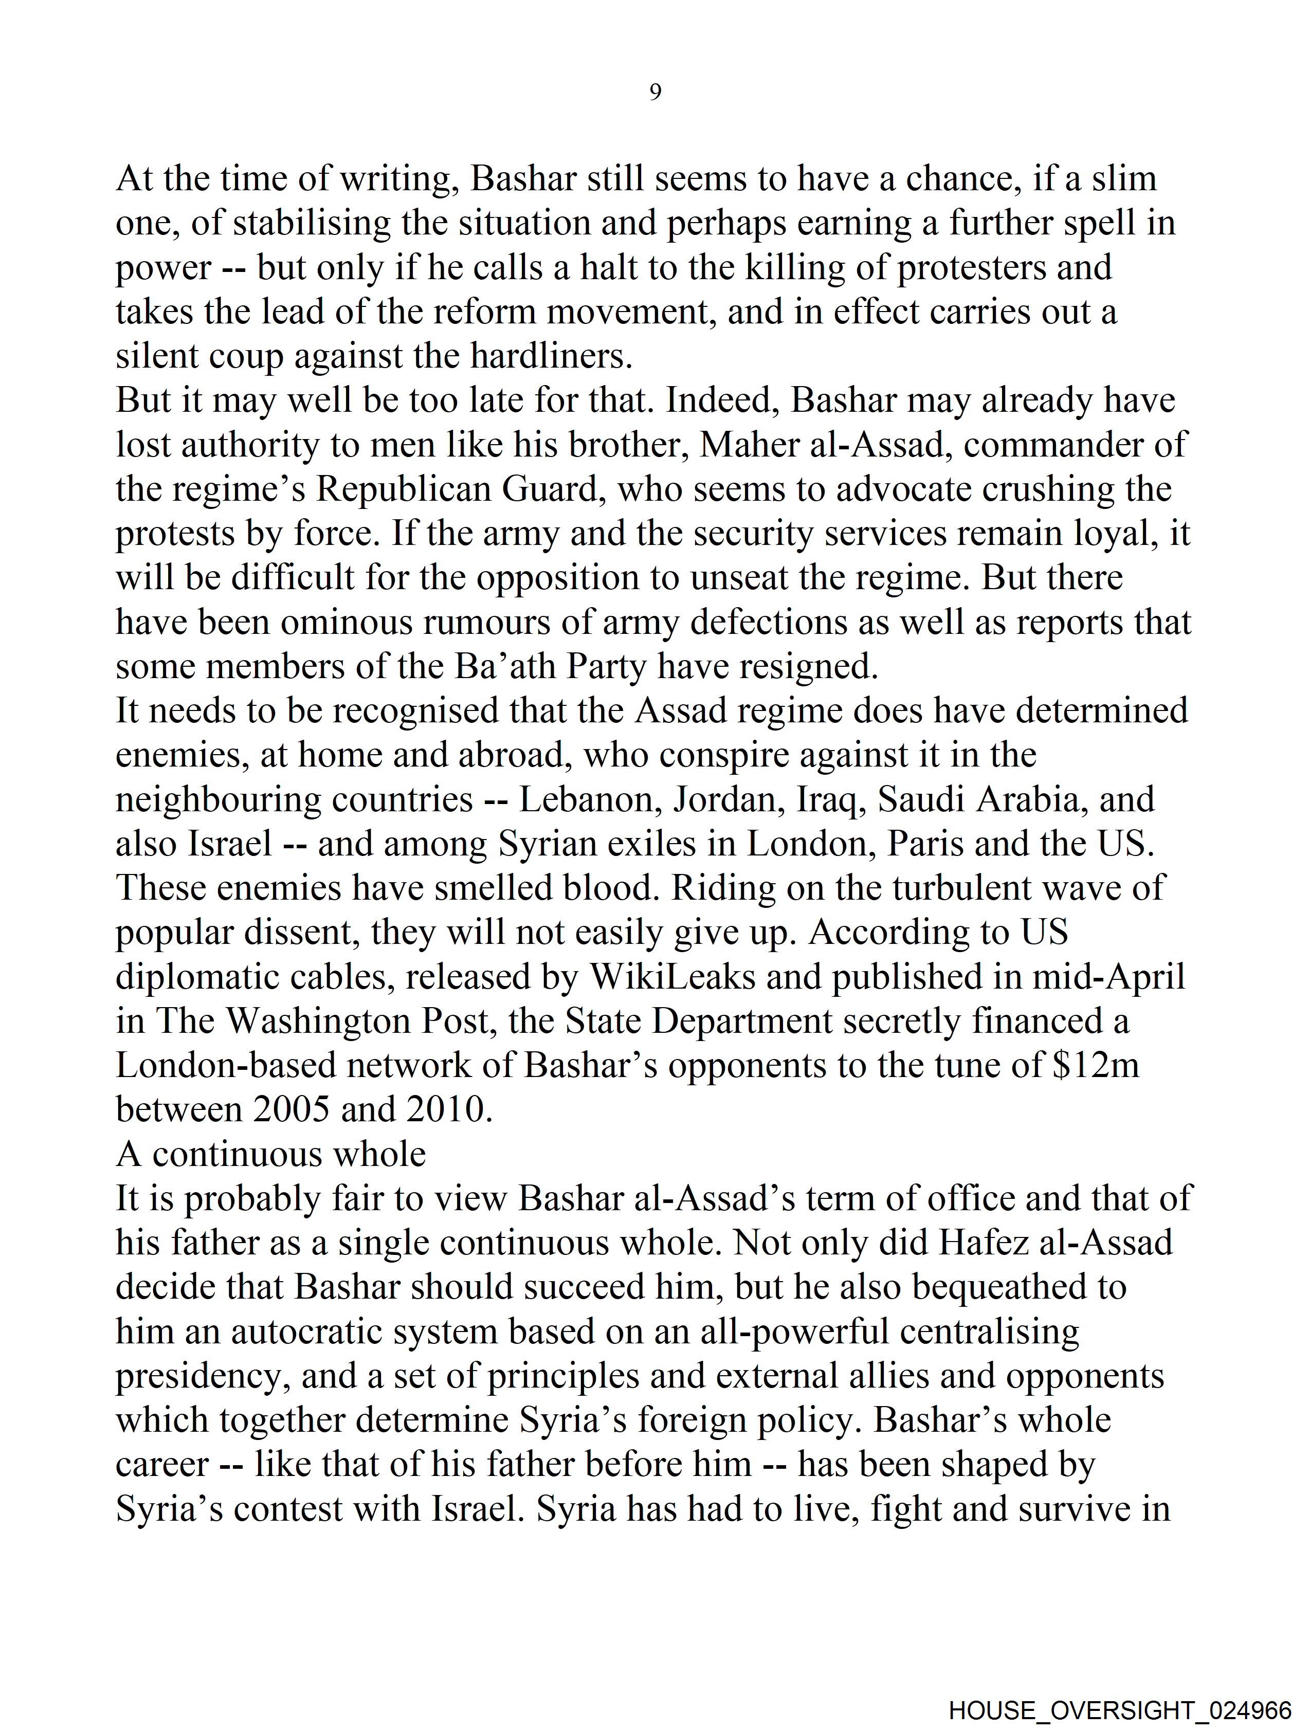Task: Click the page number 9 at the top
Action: tap(655, 93)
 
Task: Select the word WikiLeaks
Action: tap(673, 977)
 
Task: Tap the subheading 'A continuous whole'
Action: tap(271, 1154)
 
